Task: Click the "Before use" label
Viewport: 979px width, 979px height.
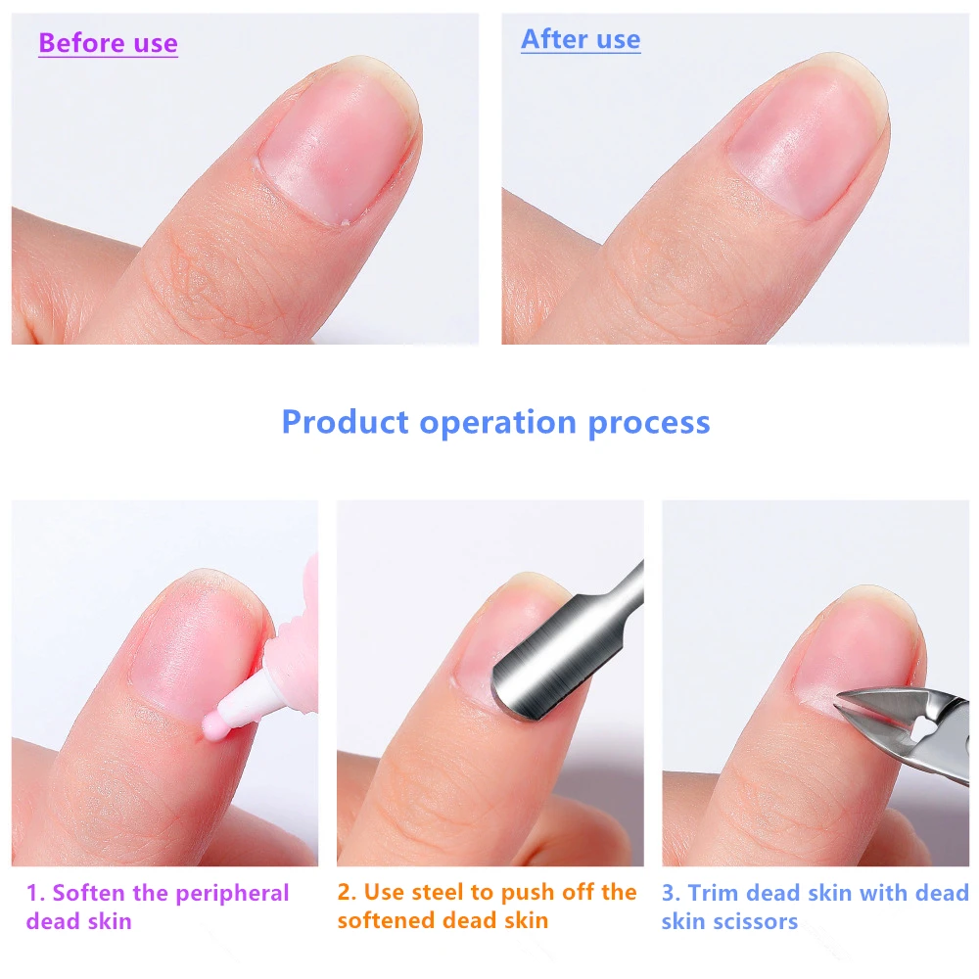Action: click(x=108, y=44)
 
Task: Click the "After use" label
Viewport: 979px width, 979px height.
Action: click(x=581, y=39)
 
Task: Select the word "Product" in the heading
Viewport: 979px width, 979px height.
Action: click(x=345, y=423)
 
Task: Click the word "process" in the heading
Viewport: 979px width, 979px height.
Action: click(x=649, y=423)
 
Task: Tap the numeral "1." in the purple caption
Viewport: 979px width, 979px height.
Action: click(x=35, y=893)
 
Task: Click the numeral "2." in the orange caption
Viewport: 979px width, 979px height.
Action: click(x=348, y=893)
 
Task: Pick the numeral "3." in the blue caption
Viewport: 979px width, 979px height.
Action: click(x=672, y=893)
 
